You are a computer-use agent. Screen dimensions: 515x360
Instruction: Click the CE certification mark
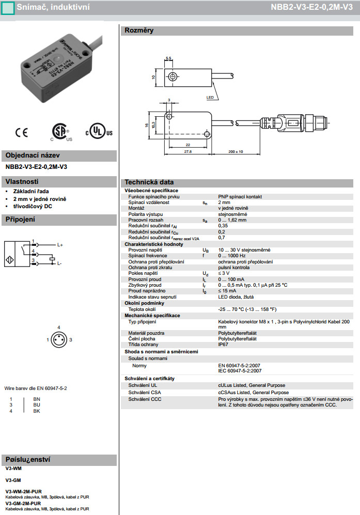pos(22,133)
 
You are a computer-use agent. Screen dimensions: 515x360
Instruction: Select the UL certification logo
pos(99,132)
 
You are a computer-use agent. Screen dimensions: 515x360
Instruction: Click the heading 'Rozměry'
pos(139,30)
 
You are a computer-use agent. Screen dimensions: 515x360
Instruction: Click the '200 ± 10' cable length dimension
pos(236,151)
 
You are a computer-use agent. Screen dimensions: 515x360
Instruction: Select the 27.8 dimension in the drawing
pos(187,152)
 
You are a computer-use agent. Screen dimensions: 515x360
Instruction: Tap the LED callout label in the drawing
pos(210,97)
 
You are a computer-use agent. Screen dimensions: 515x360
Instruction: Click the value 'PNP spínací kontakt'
pos(240,197)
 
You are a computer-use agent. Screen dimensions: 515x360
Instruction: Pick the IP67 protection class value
pos(223,344)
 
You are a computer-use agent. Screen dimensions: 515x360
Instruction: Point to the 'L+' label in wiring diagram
pos(60,244)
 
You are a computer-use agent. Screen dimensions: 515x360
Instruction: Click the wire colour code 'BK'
pos(36,411)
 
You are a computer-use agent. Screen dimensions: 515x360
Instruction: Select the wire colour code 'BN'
pos(36,399)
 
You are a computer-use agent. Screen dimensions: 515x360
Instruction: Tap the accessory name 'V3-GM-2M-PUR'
pos(23,503)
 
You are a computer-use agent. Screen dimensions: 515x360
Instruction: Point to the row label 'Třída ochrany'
pos(144,344)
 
